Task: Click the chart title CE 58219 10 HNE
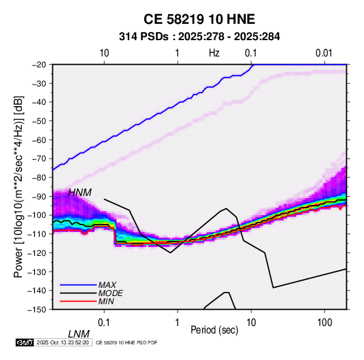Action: pyautogui.click(x=199, y=19)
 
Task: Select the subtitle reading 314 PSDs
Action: pyautogui.click(x=144, y=37)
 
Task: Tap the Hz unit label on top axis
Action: pyautogui.click(x=214, y=53)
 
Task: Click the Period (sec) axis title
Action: pyautogui.click(x=214, y=330)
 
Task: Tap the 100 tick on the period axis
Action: pyautogui.click(x=325, y=323)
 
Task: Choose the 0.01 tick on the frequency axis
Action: pyautogui.click(x=324, y=53)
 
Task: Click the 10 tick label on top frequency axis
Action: pyautogui.click(x=104, y=53)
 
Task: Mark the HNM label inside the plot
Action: pyautogui.click(x=80, y=193)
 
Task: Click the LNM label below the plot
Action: pyautogui.click(x=79, y=334)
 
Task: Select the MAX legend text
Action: pyautogui.click(x=107, y=285)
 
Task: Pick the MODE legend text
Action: pyautogui.click(x=110, y=293)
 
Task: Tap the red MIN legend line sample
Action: pyautogui.click(x=78, y=301)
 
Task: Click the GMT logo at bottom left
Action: pyautogui.click(x=25, y=342)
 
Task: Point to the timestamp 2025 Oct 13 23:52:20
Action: pyautogui.click(x=63, y=342)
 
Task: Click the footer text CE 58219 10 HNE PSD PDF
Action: pyautogui.click(x=127, y=342)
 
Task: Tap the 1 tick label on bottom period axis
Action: pyautogui.click(x=177, y=323)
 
